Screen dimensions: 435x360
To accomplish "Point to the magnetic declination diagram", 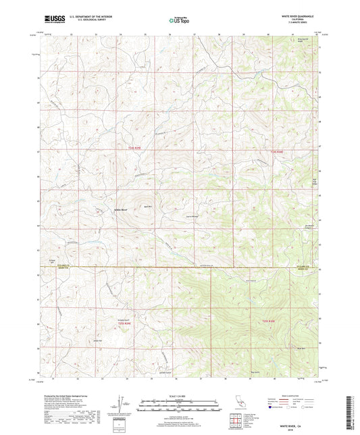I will (120, 403).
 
